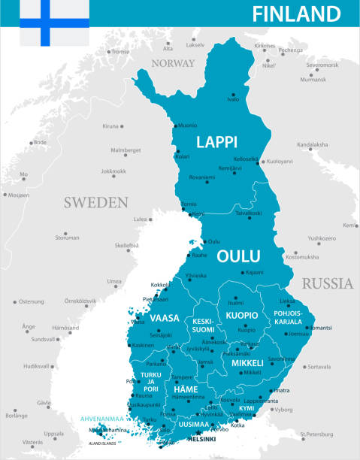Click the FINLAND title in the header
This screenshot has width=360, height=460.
coord(296,14)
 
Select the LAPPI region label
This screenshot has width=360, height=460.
coord(216,141)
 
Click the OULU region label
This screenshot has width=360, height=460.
coord(238,256)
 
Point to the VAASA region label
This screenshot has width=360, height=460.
coord(165,318)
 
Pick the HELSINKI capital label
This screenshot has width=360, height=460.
coord(200,439)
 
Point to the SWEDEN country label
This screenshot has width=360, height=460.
coord(95,202)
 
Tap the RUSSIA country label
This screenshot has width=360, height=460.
coord(327,284)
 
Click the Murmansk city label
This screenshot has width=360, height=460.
coord(314,79)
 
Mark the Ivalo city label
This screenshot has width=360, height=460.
coord(233,99)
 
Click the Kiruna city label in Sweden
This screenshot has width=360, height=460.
coord(110,126)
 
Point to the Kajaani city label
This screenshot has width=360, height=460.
coord(255,272)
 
